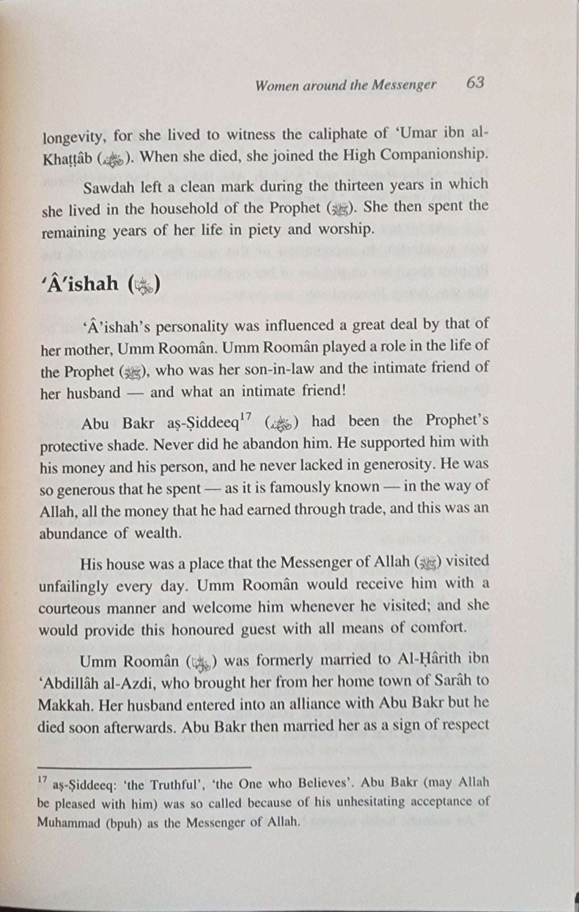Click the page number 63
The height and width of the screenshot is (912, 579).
(x=475, y=83)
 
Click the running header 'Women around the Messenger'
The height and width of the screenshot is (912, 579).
(x=345, y=85)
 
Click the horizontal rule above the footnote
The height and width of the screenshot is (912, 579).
(x=145, y=767)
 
